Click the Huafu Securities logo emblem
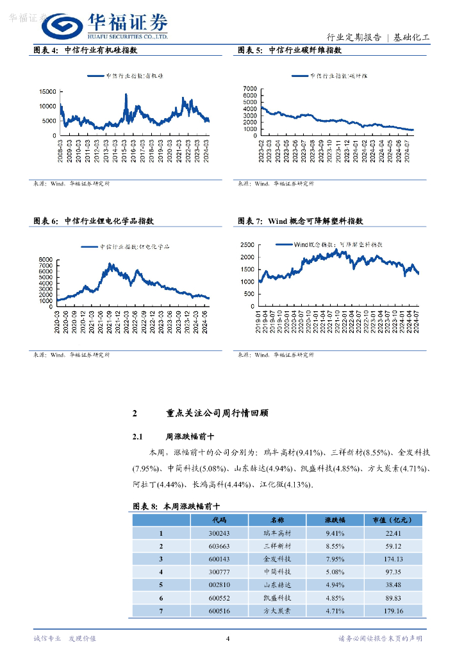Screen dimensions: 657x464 tap(63, 26)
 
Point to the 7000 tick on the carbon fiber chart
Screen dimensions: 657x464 tap(250, 88)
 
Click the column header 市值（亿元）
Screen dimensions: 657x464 tap(394, 520)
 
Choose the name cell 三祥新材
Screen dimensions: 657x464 tap(277, 546)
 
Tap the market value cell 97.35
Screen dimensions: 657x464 tap(394, 572)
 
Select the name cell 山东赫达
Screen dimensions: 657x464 tap(277, 585)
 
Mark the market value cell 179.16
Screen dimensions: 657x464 tap(394, 611)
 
